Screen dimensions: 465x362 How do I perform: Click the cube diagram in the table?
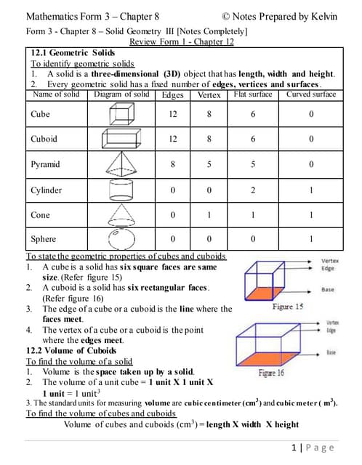pyautogui.click(x=121, y=114)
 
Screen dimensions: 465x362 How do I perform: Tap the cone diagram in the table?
pyautogui.click(x=121, y=215)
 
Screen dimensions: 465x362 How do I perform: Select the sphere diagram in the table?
pyautogui.click(x=121, y=239)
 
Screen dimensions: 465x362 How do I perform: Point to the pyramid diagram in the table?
pyautogui.click(x=121, y=164)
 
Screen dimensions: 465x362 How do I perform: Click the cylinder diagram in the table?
pyautogui.click(x=121, y=190)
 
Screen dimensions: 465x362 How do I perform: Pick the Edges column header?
pyautogui.click(x=173, y=95)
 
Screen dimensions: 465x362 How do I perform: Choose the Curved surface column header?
pyautogui.click(x=310, y=94)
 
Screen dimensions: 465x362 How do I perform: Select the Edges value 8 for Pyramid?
pyautogui.click(x=173, y=164)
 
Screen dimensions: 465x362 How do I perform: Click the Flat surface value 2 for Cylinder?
pyautogui.click(x=253, y=190)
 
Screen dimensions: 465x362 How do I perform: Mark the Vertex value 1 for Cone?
pyautogui.click(x=209, y=215)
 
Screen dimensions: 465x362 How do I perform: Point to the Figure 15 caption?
pyautogui.click(x=287, y=307)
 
